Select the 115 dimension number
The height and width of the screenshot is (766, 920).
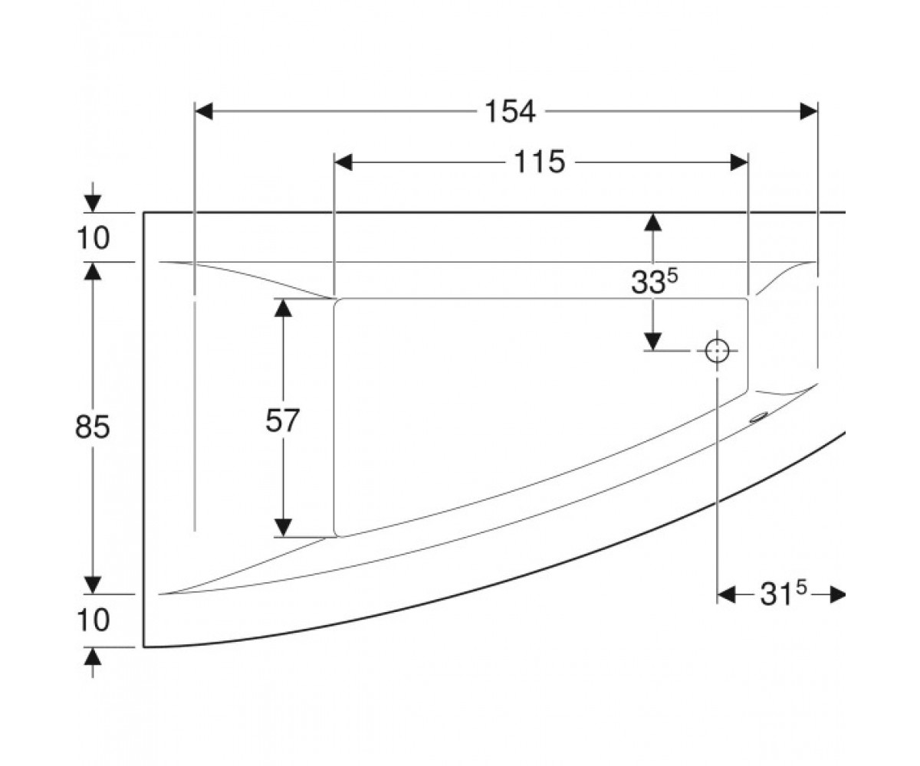539,162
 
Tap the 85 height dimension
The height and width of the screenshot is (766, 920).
92,427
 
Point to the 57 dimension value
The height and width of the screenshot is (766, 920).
282,420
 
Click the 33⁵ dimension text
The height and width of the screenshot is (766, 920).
654,281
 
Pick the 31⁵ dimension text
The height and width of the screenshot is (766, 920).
783,594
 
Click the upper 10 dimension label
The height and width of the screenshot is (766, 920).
93,238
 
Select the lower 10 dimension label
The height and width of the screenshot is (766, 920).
93,620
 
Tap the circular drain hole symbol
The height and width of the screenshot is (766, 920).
717,352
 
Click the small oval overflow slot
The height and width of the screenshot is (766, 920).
759,417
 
